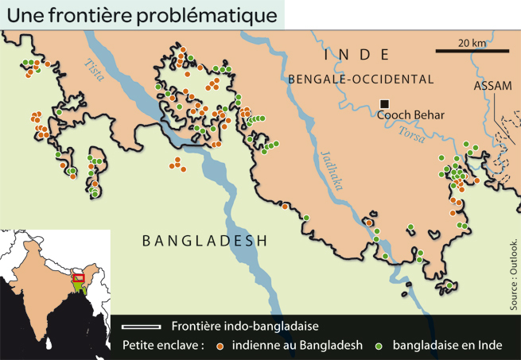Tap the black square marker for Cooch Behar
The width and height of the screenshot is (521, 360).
coord(385,103)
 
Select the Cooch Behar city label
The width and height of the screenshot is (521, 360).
coord(410,115)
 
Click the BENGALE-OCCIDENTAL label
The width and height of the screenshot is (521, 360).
coord(361,79)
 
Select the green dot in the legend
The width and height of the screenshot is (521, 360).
coord(379,346)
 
